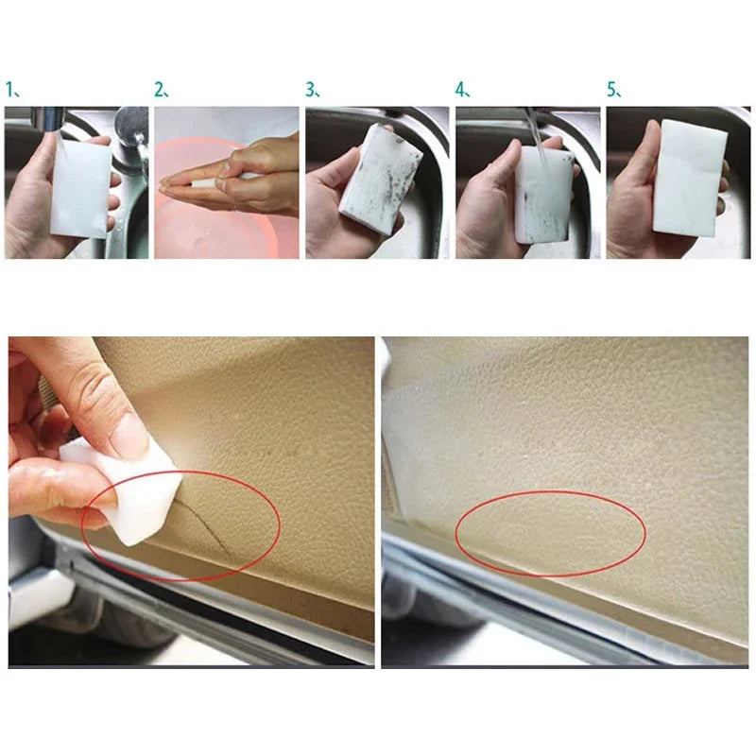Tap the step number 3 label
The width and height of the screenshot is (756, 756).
(312, 91)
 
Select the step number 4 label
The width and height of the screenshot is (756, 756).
(462, 91)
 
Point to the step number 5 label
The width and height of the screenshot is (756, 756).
(613, 91)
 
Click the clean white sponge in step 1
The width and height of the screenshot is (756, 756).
(80, 184)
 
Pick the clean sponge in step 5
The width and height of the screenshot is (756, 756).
(690, 175)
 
